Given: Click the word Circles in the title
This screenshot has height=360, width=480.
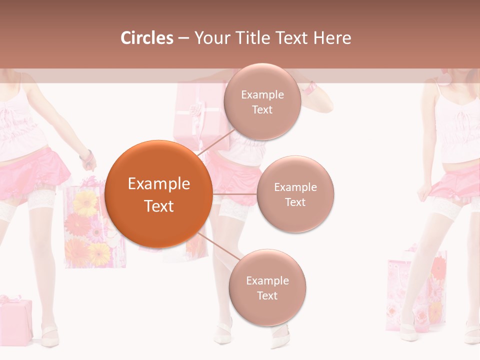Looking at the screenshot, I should [x=147, y=38].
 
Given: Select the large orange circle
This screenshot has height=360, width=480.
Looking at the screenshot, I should [x=158, y=194].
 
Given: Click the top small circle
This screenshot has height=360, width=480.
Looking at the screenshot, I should [x=262, y=102].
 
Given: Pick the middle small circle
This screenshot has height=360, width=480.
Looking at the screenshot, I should [x=295, y=194].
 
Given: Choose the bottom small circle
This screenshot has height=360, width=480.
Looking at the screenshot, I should [x=267, y=288].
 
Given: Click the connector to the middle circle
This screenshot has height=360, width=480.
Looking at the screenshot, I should [x=234, y=194].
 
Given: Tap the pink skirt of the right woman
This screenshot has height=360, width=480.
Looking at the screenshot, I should [x=452, y=182].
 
